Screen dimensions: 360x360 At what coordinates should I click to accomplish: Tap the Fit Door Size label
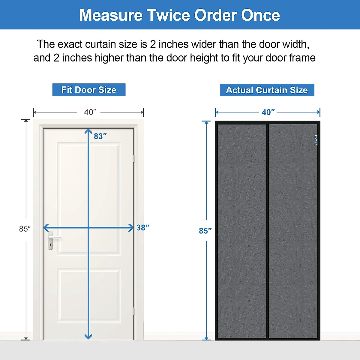pyautogui.click(x=89, y=90)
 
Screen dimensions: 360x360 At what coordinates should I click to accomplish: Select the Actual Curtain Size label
pyautogui.click(x=267, y=90)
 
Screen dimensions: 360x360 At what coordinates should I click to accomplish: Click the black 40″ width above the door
pyautogui.click(x=90, y=112)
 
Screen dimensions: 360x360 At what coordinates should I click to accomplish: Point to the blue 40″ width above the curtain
pyautogui.click(x=268, y=112)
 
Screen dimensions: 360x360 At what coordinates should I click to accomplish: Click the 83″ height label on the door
pyautogui.click(x=100, y=136)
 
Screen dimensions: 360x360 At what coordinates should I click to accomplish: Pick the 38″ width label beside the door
pyautogui.click(x=143, y=228)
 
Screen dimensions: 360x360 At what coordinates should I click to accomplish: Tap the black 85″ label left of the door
pyautogui.click(x=25, y=229)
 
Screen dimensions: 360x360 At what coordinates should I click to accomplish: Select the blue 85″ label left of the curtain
pyautogui.click(x=205, y=231)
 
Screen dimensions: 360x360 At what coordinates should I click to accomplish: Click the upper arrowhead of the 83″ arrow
pyautogui.click(x=88, y=131)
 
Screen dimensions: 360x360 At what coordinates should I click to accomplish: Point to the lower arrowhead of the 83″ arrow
pyautogui.click(x=88, y=336)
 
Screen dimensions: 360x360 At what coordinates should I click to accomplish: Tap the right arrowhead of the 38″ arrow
pyautogui.click(x=131, y=228)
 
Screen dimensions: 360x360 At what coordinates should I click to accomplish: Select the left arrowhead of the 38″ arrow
pyautogui.click(x=46, y=228)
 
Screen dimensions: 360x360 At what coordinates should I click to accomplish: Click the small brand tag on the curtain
pyautogui.click(x=316, y=140)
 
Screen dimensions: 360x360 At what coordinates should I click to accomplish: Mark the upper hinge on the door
pyautogui.click(x=133, y=158)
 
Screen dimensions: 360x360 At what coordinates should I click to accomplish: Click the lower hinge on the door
pyautogui.click(x=133, y=311)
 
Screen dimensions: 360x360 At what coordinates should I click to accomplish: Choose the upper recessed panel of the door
pyautogui.click(x=89, y=198)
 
